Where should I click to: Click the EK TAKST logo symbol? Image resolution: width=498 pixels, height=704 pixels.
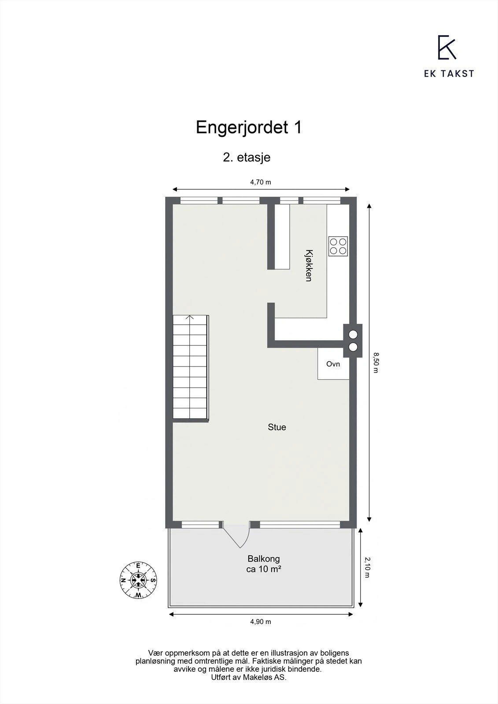(447, 48)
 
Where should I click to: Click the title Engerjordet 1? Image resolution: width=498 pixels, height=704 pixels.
(249, 128)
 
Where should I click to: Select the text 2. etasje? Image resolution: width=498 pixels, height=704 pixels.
(247, 158)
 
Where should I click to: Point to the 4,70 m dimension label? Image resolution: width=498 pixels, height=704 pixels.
(261, 182)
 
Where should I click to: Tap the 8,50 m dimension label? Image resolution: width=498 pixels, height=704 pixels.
(376, 362)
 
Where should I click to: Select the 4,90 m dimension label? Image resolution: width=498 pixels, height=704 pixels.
(261, 622)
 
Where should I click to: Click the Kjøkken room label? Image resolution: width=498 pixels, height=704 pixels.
(309, 265)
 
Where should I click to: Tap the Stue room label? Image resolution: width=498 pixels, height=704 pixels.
(277, 427)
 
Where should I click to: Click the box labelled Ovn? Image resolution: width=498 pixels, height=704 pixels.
(333, 364)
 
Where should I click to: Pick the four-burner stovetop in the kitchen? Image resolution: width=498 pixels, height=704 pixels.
(338, 246)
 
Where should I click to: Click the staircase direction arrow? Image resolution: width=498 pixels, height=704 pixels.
(190, 318)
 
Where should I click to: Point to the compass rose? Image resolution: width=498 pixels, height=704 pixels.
(139, 580)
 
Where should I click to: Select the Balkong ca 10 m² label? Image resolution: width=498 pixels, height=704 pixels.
(264, 564)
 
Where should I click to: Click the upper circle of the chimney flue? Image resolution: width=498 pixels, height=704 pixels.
(353, 334)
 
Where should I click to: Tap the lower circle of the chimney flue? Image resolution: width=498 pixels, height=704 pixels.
(353, 347)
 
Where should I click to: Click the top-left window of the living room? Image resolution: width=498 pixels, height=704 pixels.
(199, 201)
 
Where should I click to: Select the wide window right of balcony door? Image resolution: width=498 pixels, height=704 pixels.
(300, 524)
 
